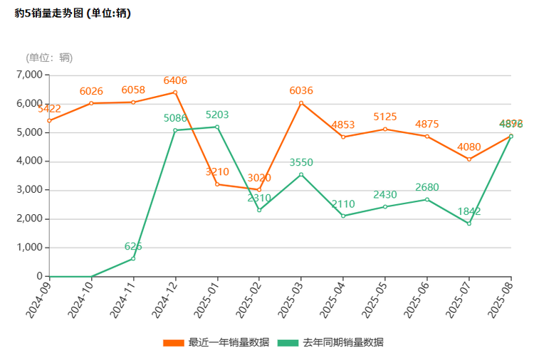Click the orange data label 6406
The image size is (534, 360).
(175, 80)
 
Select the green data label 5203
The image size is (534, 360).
(217, 115)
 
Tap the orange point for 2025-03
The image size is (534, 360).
(301, 103)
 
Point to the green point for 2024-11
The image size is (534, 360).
(133, 258)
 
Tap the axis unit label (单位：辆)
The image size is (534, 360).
(49, 58)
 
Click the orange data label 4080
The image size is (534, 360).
(469, 147)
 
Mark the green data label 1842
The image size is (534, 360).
(469, 211)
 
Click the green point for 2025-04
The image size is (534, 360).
(343, 216)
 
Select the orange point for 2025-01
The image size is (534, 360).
(217, 184)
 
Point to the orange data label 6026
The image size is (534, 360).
(91, 91)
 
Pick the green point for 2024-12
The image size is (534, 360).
(175, 130)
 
